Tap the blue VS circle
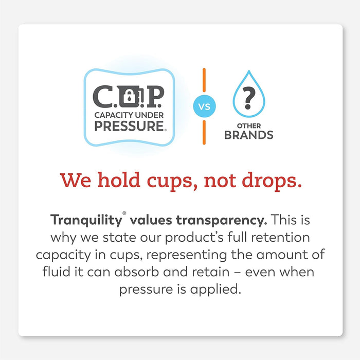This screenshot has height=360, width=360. (x=204, y=107)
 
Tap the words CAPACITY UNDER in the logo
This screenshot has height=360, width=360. (x=129, y=114)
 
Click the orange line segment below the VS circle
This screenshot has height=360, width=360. (x=204, y=133)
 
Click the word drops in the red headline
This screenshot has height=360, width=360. (x=273, y=181)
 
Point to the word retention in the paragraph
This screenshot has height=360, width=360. (x=287, y=238)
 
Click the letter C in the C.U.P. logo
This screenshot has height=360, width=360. (x=102, y=95)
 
